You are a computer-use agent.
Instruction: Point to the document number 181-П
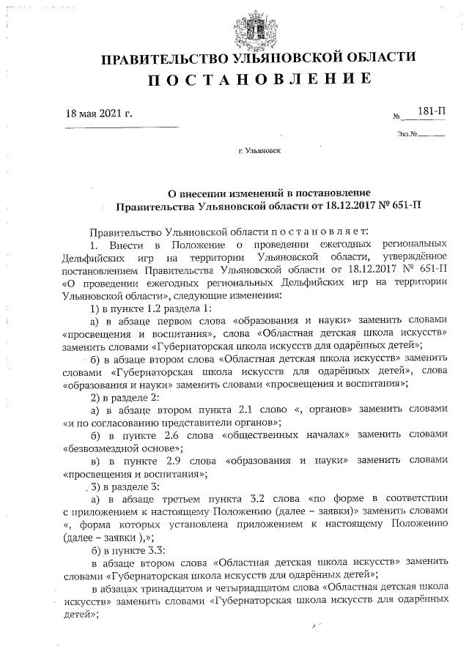click(x=432, y=111)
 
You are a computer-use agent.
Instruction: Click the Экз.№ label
click(x=407, y=134)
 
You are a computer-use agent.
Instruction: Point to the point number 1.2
click(x=149, y=307)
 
